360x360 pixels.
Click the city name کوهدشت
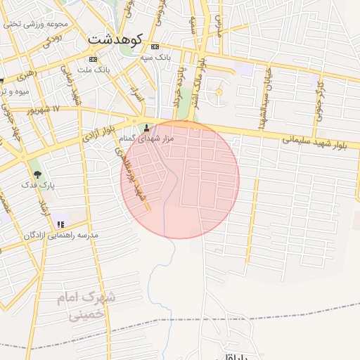pyautogui.click(x=116, y=39)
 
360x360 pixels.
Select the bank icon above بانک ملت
pyautogui.click(x=93, y=59)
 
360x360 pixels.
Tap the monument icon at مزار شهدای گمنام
pyautogui.click(x=146, y=128)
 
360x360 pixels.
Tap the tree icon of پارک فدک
pyautogui.click(x=37, y=173)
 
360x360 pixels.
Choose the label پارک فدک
pyautogui.click(x=38, y=184)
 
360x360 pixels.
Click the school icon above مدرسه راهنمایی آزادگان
pyautogui.click(x=60, y=224)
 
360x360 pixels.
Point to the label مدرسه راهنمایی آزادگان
pyautogui.click(x=63, y=234)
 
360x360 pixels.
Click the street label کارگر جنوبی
pyautogui.click(x=320, y=99)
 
